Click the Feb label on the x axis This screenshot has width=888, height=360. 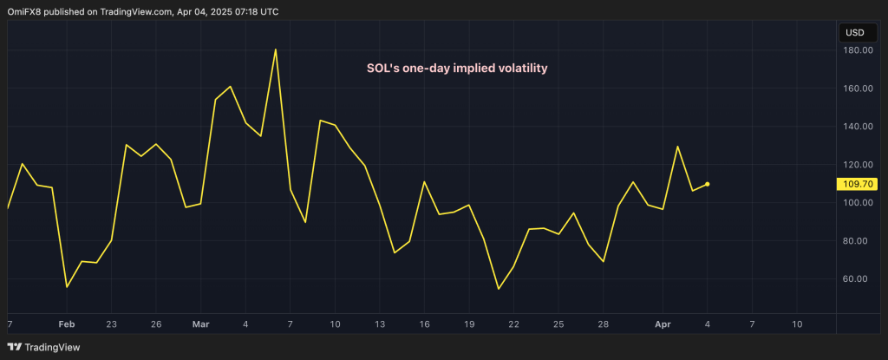click(x=66, y=324)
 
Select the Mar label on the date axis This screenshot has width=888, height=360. click(x=200, y=324)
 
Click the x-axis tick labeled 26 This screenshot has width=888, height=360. click(x=156, y=324)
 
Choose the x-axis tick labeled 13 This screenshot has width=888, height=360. click(x=380, y=324)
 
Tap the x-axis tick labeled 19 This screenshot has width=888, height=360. click(x=469, y=324)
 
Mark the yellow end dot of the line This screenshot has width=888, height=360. click(x=708, y=184)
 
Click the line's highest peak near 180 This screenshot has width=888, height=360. click(x=275, y=49)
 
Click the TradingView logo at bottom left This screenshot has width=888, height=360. click(x=41, y=345)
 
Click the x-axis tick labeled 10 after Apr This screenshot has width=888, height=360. click(x=796, y=324)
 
